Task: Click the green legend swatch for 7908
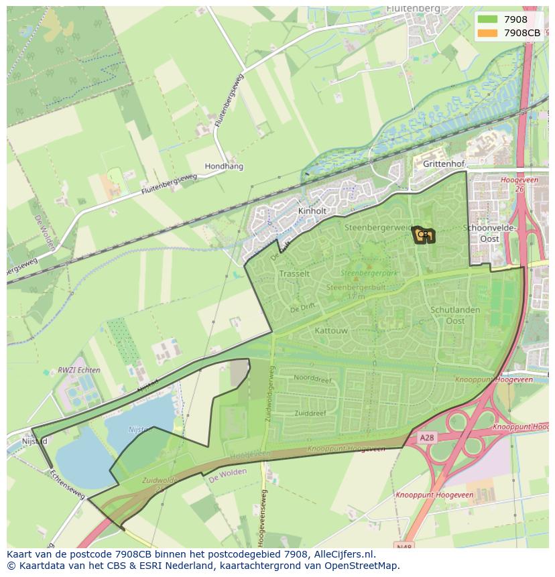click(487, 20)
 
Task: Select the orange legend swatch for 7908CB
click(487, 33)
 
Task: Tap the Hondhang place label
click(224, 166)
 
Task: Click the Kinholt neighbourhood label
click(312, 211)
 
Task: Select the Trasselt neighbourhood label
click(294, 273)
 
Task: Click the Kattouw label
click(330, 330)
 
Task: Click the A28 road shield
click(427, 437)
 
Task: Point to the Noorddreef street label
click(312, 378)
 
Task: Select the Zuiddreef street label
click(310, 413)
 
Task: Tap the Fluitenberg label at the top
click(413, 9)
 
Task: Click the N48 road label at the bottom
click(404, 547)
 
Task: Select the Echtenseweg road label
click(67, 484)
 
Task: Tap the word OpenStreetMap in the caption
click(364, 566)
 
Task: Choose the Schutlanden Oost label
click(455, 316)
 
